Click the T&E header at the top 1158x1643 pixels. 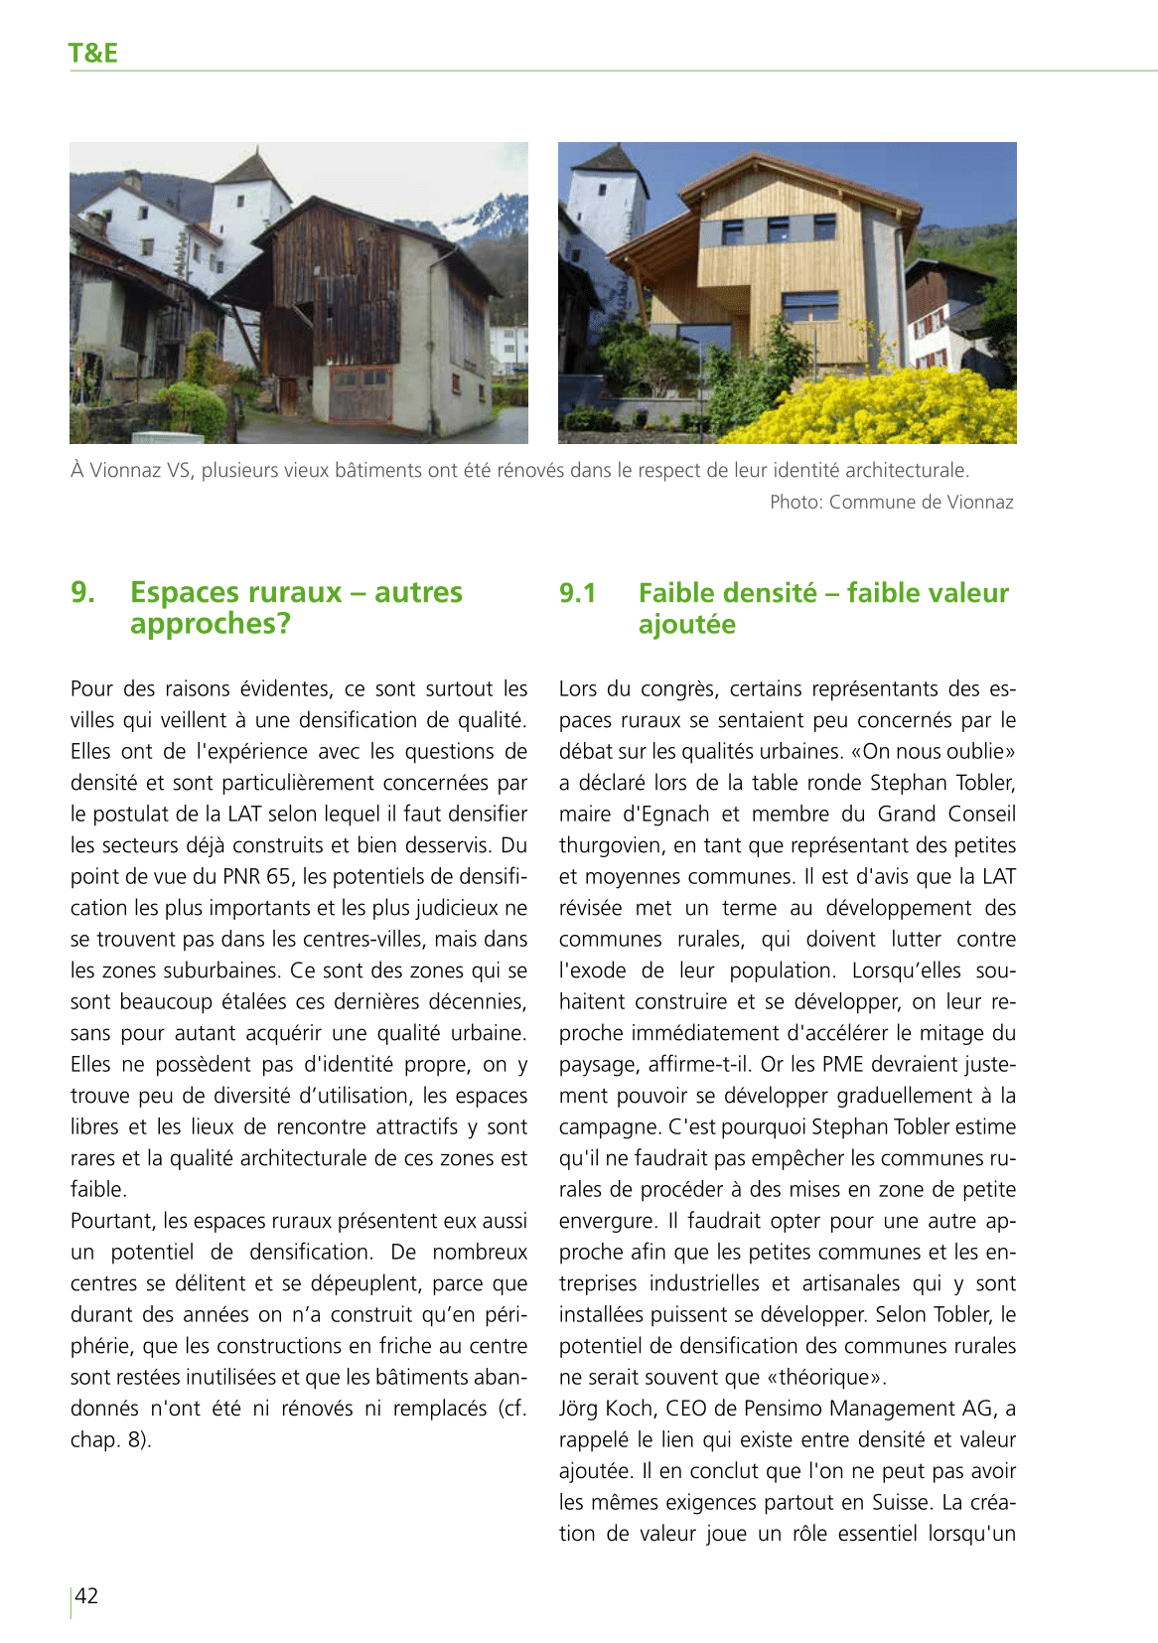(x=92, y=53)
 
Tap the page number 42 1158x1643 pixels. (x=87, y=1595)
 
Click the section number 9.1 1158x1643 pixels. (x=577, y=593)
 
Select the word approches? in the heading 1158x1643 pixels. (x=211, y=624)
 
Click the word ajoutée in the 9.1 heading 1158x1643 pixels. (x=687, y=625)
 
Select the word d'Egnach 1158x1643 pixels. (x=663, y=814)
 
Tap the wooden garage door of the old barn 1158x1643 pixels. (x=360, y=393)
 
